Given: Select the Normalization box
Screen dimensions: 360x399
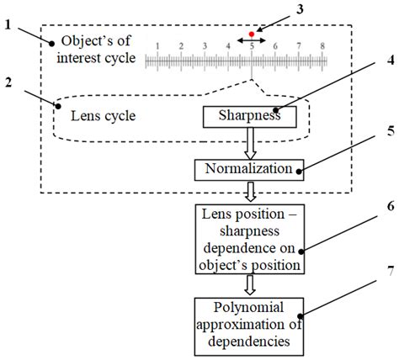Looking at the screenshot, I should (248, 169).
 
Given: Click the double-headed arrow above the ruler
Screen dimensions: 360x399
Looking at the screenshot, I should (251, 40).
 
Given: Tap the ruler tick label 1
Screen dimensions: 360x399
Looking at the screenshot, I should (157, 48).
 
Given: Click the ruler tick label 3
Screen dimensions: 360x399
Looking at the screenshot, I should (204, 48).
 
